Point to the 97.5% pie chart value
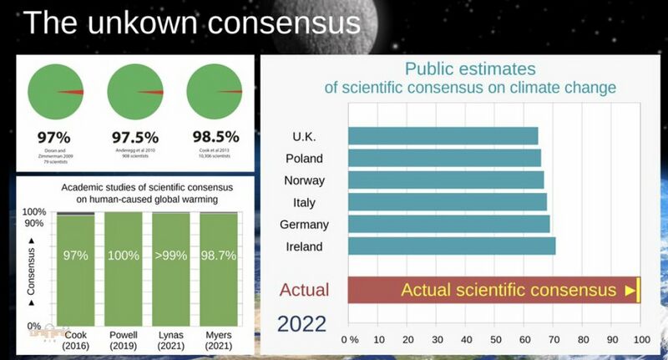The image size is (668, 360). tap(136, 137)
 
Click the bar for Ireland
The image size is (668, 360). tap(452, 246)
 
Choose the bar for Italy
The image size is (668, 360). tap(447, 202)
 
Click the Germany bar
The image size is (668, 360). tap(448, 224)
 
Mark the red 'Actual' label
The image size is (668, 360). tap(304, 291)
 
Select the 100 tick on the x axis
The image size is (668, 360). tap(640, 340)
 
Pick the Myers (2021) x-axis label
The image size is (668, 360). tap(220, 340)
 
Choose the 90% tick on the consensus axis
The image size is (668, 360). tap(33, 223)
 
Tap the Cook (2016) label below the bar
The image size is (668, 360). tap(75, 340)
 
